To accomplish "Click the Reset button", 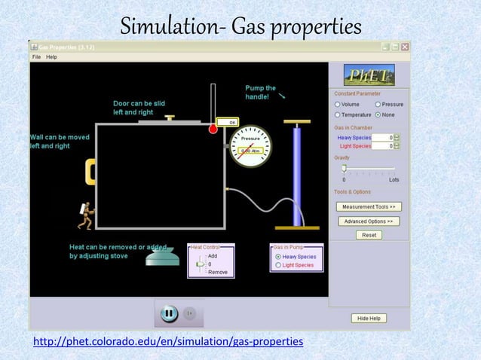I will (369, 235).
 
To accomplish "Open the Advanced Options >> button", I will (369, 221).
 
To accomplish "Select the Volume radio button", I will (338, 104).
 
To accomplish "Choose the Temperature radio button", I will (338, 114).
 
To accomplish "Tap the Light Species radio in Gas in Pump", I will (278, 265).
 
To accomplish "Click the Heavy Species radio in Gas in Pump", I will (278, 256).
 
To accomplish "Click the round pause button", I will (169, 313).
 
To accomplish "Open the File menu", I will (36, 56).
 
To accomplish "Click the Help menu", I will (51, 56).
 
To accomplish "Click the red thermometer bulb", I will (213, 130).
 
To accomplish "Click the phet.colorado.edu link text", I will (168, 343).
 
